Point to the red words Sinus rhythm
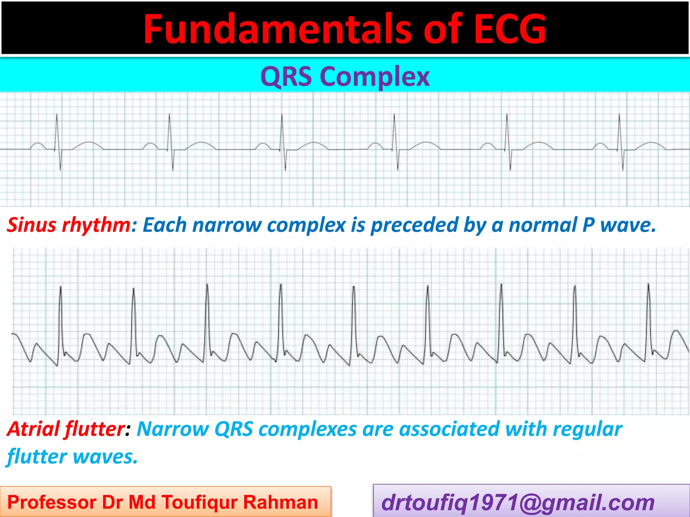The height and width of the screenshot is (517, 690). point(69,225)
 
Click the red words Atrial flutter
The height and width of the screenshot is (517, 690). point(66,429)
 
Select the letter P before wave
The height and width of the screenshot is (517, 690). point(588,225)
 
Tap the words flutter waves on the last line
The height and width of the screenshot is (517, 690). point(72,457)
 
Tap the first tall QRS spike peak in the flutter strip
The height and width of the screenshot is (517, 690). point(61,287)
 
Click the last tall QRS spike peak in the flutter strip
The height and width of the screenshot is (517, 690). point(649,285)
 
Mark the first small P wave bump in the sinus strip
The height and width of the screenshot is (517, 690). point(37,144)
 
